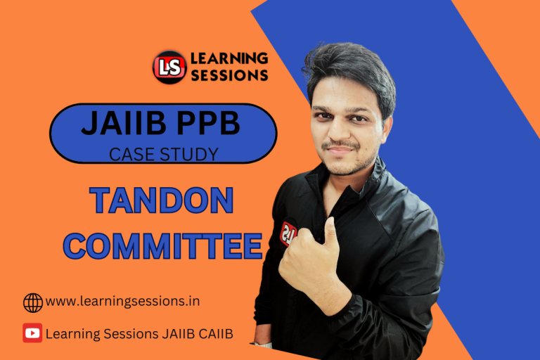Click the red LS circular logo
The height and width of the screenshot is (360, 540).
[169, 67]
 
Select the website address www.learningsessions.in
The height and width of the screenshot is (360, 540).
[122, 302]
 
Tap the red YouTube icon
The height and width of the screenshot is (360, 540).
[32, 333]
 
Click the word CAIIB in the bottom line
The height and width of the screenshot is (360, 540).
[214, 333]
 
